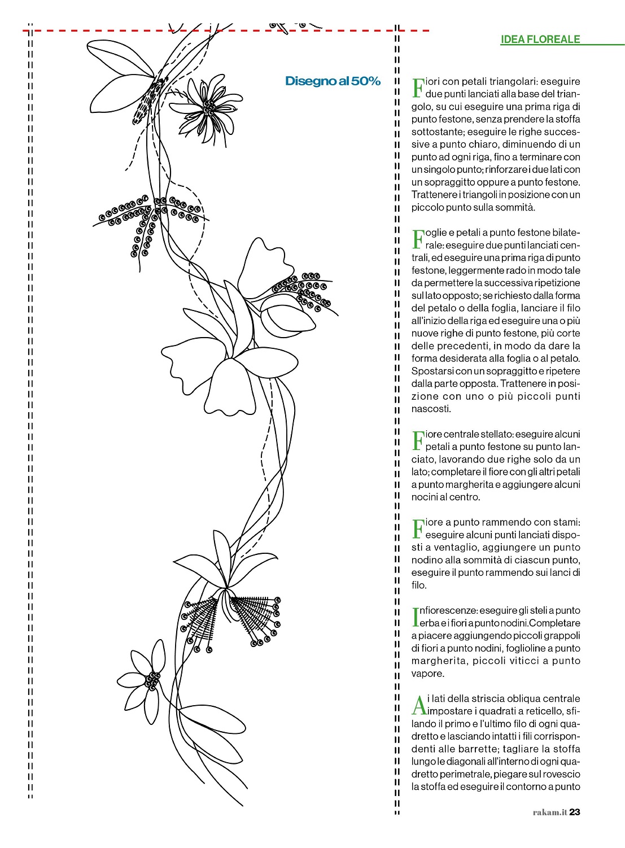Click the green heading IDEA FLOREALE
(x=540, y=39)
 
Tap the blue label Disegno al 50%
(x=333, y=81)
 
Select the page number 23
(x=575, y=812)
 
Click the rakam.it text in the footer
(x=549, y=812)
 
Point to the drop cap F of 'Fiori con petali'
(x=418, y=88)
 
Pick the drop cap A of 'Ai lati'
(x=419, y=705)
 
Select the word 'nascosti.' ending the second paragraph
(x=431, y=409)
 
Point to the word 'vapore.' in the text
(x=427, y=674)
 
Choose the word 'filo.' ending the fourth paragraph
(x=419, y=585)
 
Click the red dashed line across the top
(x=226, y=30)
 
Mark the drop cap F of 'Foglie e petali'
(x=418, y=239)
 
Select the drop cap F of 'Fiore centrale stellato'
(x=418, y=440)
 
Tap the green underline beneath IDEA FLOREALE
(x=562, y=45)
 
